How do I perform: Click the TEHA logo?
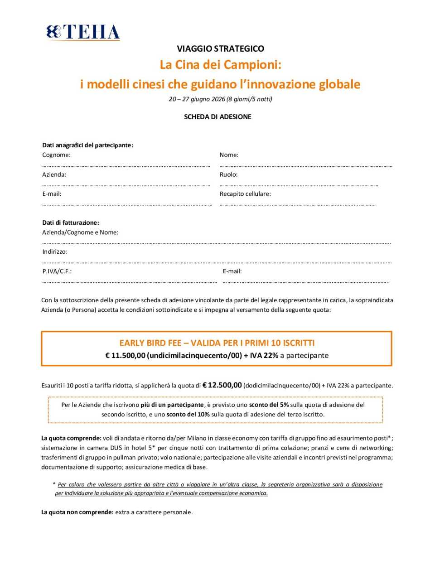[83, 32]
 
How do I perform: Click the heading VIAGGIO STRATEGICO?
[220, 48]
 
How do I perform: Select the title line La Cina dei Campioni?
[220, 65]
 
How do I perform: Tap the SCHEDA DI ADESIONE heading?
[217, 117]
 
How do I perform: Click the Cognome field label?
[56, 155]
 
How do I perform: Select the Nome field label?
[229, 155]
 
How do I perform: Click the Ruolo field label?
[228, 174]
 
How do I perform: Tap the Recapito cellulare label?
[245, 194]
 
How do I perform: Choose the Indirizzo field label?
[55, 251]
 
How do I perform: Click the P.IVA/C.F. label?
[57, 271]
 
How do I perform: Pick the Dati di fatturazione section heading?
[70, 222]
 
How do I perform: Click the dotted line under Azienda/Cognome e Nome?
[217, 243]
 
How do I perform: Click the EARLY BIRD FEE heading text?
[217, 343]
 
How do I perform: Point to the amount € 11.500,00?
[125, 356]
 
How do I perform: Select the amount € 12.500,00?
[222, 385]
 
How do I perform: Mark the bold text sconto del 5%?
[269, 405]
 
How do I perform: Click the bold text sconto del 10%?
[188, 414]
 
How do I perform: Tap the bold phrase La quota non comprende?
[77, 512]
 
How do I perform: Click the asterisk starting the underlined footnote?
[54, 484]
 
